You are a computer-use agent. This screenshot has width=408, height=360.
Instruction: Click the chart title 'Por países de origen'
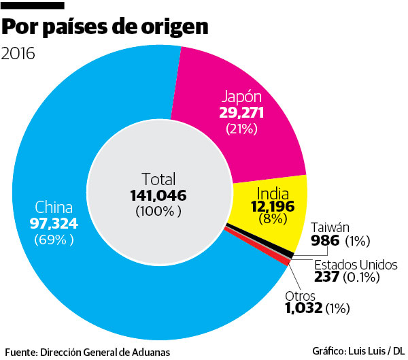[106, 29]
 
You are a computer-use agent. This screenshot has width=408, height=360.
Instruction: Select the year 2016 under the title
[21, 53]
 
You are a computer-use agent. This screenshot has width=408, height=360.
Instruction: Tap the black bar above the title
[34, 5]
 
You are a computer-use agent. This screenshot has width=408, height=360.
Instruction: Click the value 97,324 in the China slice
[54, 224]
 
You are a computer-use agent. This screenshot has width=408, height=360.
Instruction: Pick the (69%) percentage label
[54, 240]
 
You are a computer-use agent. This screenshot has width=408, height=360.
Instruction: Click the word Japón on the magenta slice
[241, 96]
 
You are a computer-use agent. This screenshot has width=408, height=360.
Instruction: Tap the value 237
[327, 277]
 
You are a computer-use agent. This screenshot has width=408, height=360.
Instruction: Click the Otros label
[301, 295]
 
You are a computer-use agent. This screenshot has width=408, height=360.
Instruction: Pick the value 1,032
[305, 309]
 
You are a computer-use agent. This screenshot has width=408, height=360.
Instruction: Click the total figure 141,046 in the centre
[158, 195]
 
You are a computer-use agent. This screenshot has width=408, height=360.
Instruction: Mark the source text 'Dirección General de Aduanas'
[105, 352]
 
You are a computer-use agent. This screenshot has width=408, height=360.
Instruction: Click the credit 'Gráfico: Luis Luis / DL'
[358, 351]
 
